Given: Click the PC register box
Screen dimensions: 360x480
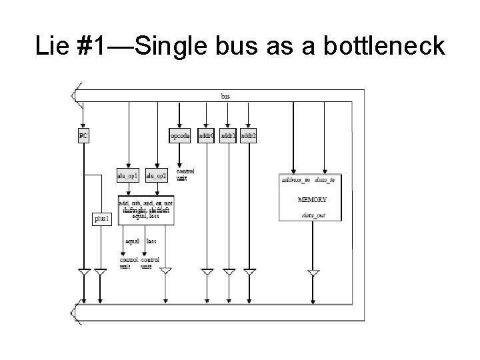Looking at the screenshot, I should pos(83,135).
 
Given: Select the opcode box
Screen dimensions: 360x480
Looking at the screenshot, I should pos(180,136).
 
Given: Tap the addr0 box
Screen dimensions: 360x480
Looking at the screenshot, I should pos(207,136).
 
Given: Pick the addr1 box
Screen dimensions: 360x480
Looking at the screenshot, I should pos(228,136).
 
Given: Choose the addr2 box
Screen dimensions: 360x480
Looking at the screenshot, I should pos(249,136).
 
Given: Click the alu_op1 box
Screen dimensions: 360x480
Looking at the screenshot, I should pos(127,175).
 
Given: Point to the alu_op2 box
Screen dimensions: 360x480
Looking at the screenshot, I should pos(156,175).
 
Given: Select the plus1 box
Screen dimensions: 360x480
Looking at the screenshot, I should pos(102,219).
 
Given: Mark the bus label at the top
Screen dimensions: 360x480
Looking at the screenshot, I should pos(226,95).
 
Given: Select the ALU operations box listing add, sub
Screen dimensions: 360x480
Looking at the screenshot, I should pos(146,210).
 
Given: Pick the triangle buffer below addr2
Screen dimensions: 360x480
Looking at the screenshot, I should pos(249,273).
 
